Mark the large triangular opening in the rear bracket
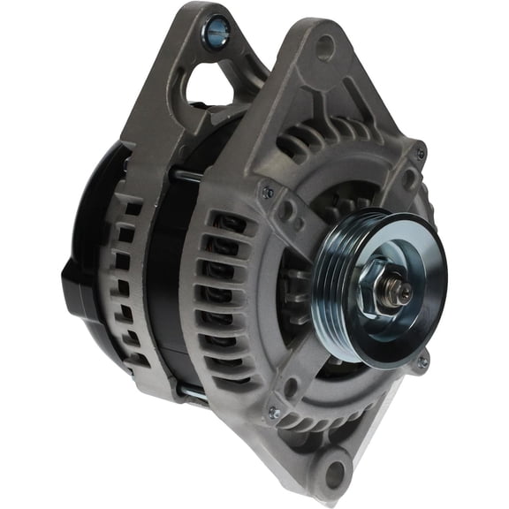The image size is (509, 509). pos(212,84)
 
